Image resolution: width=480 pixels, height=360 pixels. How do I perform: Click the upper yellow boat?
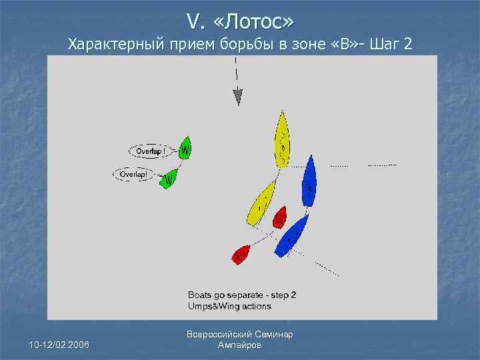[x=283, y=139]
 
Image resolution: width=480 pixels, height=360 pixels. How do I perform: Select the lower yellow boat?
[x=261, y=203]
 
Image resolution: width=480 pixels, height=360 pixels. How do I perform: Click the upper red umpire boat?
[x=280, y=216]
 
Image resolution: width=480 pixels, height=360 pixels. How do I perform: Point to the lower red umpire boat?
[x=241, y=254]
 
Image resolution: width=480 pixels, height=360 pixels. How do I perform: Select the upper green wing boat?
[x=185, y=147]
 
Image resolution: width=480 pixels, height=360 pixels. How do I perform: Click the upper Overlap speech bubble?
[x=151, y=151]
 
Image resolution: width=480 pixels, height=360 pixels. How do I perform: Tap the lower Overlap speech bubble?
[x=134, y=174]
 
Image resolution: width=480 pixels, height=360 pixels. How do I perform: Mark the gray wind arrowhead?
[x=237, y=98]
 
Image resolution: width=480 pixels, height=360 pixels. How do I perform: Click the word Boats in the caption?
[x=201, y=295]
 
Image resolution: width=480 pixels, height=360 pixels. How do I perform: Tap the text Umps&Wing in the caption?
[x=212, y=306]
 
